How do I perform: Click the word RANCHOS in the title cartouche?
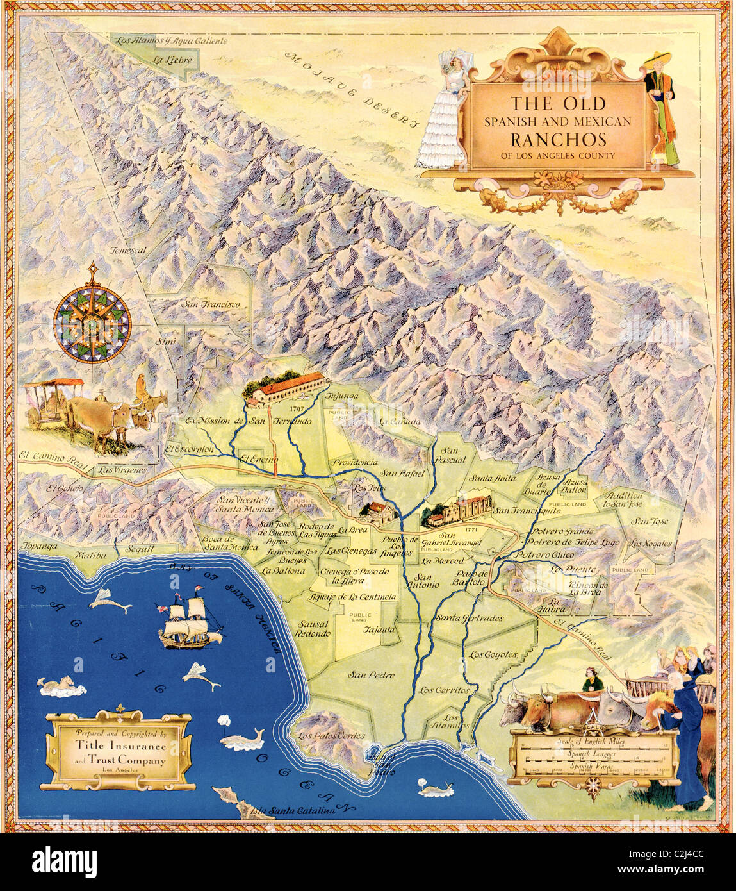click(558, 139)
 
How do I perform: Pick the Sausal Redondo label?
click(312, 628)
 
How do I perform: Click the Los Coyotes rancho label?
click(493, 654)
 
